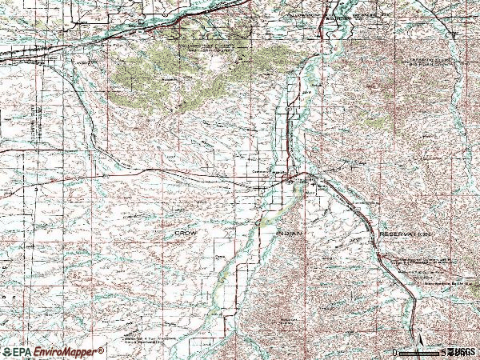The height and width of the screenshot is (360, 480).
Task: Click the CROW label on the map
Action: click(x=186, y=233)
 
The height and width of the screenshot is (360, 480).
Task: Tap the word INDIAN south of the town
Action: click(x=289, y=233)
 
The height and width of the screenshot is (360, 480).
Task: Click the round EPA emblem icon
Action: click(x=7, y=351)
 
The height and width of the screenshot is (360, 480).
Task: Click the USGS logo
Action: click(x=462, y=352)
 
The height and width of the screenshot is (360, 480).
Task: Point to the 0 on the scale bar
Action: click(x=395, y=353)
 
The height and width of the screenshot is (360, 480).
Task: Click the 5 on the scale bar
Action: click(x=442, y=353)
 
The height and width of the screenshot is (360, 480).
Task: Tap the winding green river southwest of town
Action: click(x=240, y=248)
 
